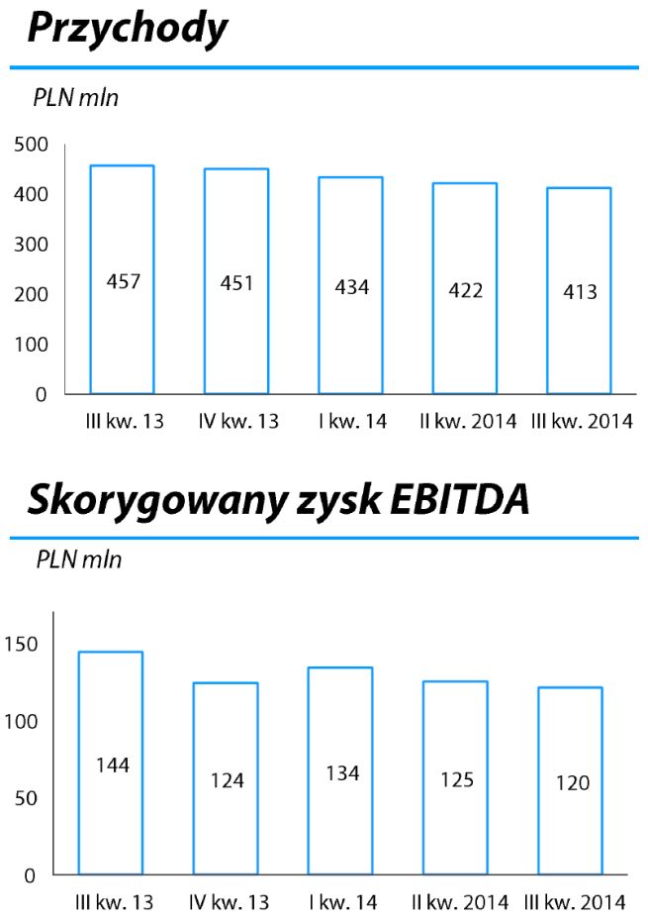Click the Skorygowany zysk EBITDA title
278,501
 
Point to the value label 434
350,288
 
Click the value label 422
466,290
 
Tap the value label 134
342,773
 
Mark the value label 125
456,780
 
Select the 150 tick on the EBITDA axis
26,645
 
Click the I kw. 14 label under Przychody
352,422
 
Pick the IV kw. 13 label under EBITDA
229,902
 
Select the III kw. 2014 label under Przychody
582,422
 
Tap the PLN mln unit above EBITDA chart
79,560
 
